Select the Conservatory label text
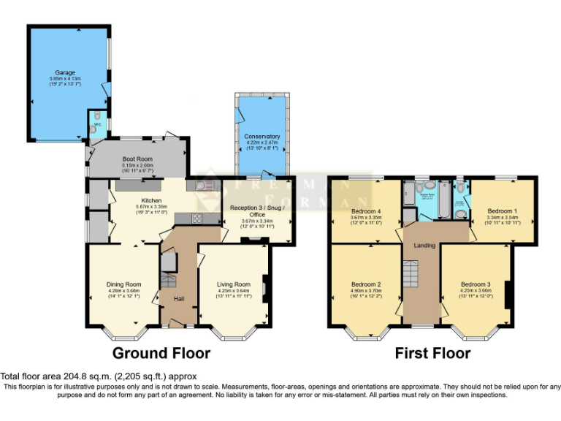tap(262, 137)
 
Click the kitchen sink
tap(205, 186)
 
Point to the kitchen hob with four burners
tap(197, 218)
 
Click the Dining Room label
tap(123, 284)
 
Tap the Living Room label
tap(233, 284)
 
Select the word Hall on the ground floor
tap(178, 298)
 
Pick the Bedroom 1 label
tap(503, 210)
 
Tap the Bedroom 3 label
tap(476, 284)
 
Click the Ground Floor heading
tap(161, 354)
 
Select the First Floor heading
tap(432, 354)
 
